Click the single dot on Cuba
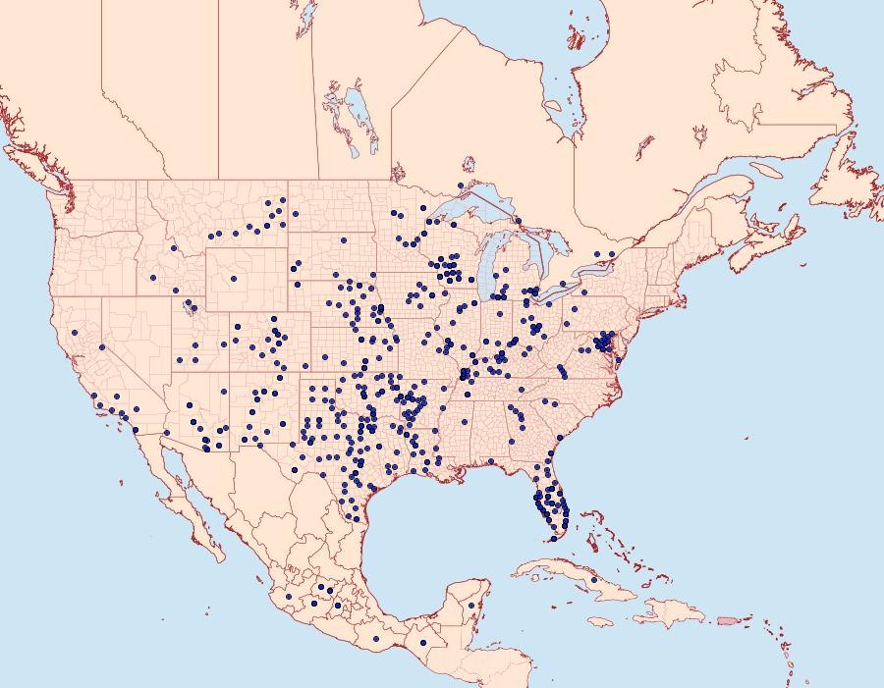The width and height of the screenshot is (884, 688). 594,581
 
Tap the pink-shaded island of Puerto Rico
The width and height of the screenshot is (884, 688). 727,620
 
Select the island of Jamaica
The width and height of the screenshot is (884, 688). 603,621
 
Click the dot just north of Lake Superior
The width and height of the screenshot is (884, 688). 460,185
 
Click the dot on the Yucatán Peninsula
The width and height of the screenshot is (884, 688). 472,606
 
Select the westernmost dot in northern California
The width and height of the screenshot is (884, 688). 74,333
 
